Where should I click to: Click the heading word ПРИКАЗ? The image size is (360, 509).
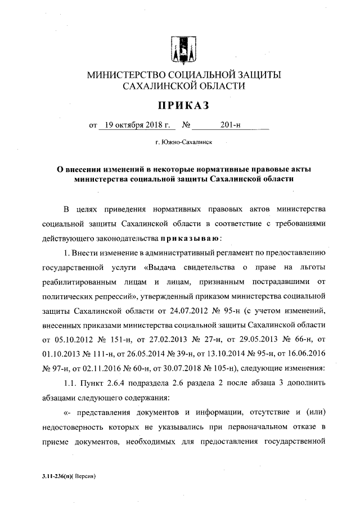tap(183, 105)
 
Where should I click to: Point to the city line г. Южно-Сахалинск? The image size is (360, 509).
tap(183, 144)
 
